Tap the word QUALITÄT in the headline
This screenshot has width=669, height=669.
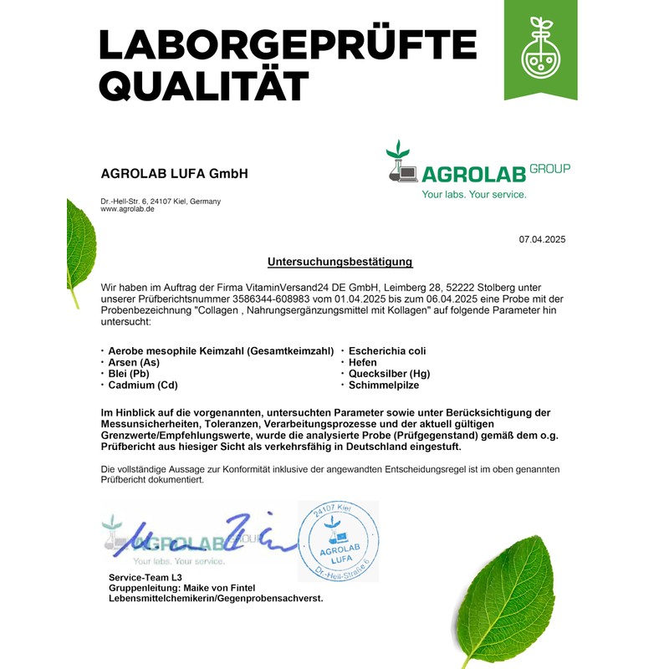[x=204, y=85]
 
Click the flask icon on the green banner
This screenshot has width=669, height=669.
[x=540, y=52]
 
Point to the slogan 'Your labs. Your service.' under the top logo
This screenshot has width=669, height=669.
[x=474, y=195]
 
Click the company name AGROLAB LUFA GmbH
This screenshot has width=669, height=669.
[x=174, y=174]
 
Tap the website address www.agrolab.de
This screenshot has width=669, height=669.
[x=127, y=209]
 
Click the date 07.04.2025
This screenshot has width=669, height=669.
[x=542, y=239]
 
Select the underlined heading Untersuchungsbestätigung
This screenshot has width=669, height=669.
[x=340, y=262]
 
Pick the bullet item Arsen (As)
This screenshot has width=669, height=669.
[x=134, y=362]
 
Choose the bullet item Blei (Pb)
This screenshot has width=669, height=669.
[x=130, y=374]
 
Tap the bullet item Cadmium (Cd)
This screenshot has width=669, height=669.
[x=143, y=386]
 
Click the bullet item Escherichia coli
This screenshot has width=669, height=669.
[x=387, y=350]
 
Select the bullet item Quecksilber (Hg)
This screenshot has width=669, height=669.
[x=389, y=374]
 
